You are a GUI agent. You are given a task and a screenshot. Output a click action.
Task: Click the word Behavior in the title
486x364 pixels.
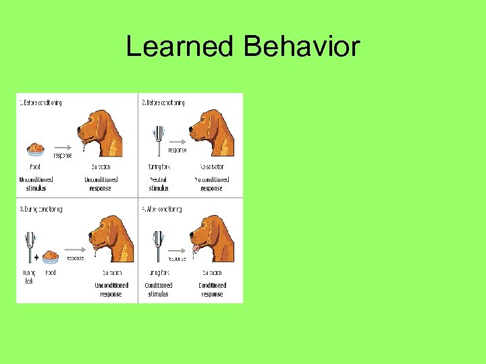pyautogui.click(x=302, y=47)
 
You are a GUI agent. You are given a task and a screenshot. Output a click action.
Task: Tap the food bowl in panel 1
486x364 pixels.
pyautogui.click(x=36, y=148)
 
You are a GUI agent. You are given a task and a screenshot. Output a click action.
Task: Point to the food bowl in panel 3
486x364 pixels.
pyautogui.click(x=51, y=257)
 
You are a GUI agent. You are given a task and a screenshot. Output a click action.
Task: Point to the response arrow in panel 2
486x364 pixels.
pyautogui.click(x=175, y=144)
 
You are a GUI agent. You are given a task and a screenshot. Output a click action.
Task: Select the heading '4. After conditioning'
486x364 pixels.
pyautogui.click(x=161, y=210)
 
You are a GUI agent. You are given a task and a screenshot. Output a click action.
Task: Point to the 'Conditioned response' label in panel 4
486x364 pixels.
pyautogui.click(x=213, y=290)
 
